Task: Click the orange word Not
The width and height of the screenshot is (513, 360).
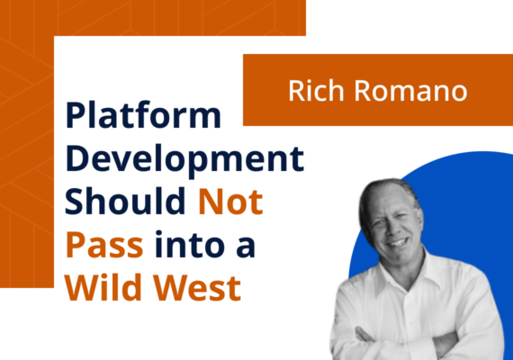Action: pyautogui.click(x=230, y=202)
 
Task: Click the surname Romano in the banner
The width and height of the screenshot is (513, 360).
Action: pyautogui.click(x=406, y=91)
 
